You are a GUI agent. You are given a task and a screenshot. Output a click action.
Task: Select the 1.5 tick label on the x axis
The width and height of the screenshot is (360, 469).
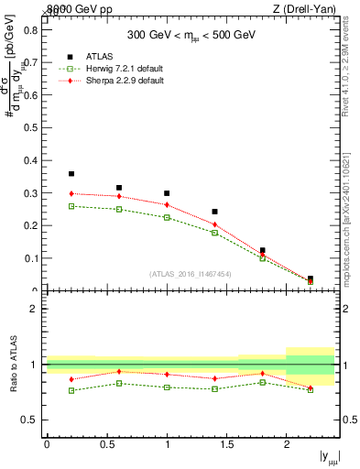(x=226, y=444)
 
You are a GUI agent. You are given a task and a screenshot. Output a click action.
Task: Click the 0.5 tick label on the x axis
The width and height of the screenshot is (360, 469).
(x=106, y=444)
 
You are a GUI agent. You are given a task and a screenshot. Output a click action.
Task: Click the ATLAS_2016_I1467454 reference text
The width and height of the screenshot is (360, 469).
(x=191, y=273)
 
